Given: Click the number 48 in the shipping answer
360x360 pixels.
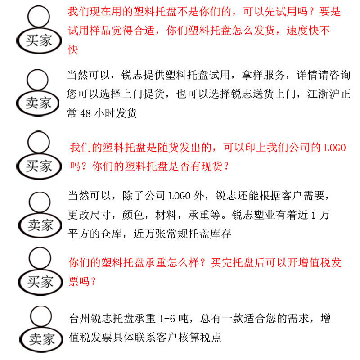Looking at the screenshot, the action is coord(85,113).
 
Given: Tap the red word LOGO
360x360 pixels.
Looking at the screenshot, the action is coord(335,148).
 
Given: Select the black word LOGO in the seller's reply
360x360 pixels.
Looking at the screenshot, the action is coord(180,196).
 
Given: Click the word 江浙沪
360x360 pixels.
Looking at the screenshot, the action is coord(324,94).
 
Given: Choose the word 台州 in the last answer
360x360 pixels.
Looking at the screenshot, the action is coord(80,319).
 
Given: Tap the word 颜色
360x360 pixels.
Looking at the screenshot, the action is coord(133,215).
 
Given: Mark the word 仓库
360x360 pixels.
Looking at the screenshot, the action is coord(111,234).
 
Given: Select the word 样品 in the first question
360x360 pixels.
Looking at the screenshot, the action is coord(100,31).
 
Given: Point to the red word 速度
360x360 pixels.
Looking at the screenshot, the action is coord(297,31).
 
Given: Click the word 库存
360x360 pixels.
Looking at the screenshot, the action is coord(220,234).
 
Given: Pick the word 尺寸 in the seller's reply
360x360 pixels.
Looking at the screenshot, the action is coord(100,215).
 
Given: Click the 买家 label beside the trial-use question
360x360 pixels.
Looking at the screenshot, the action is coord(39,41).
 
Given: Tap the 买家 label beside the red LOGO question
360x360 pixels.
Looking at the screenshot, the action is coord(39,166).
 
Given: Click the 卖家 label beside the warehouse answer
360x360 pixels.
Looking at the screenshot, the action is coord(40,225).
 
